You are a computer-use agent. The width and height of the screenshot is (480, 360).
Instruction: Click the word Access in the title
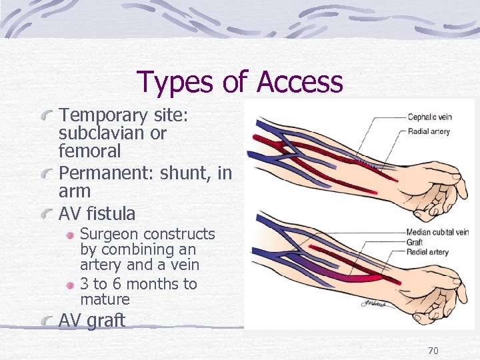click(x=299, y=82)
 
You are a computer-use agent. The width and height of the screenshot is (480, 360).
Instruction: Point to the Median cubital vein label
click(x=437, y=232)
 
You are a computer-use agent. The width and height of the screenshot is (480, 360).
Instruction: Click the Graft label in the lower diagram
click(x=415, y=242)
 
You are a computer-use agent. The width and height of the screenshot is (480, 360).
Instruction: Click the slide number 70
click(x=433, y=351)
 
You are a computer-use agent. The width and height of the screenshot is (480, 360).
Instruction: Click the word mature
click(x=105, y=300)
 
